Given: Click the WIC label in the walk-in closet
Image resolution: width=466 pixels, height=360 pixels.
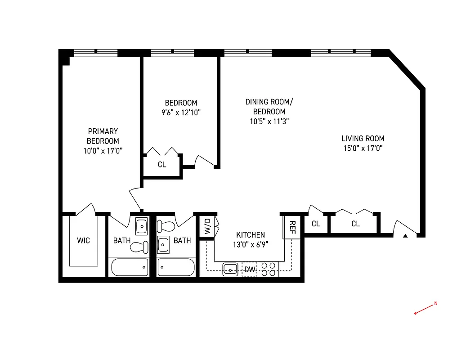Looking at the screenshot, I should pos(83,241).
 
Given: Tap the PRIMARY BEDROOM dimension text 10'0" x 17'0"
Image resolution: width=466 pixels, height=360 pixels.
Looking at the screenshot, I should pos(103,151).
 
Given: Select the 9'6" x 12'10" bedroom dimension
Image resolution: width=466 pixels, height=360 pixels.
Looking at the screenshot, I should pos(181,112).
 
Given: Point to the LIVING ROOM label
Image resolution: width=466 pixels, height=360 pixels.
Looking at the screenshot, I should pos(363,139).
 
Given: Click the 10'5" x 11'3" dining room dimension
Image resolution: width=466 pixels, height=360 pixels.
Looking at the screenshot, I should pos(269,121).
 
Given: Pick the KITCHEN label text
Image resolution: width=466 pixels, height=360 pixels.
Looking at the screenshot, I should pos(251,235).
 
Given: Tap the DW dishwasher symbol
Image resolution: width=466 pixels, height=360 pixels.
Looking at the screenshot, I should pos(250,270).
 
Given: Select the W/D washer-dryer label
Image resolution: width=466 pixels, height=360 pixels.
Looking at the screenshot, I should pos(207,226).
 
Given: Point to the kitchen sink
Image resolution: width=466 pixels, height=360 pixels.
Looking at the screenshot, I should pos(231,270).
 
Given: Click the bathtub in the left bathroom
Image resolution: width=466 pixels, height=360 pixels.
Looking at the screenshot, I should pos(130,267).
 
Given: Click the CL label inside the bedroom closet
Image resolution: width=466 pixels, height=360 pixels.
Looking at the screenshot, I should pos(162,165).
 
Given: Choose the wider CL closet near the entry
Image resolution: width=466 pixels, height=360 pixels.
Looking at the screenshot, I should pos(355,224).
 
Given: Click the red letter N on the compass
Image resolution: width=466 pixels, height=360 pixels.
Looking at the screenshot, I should pos(435,304).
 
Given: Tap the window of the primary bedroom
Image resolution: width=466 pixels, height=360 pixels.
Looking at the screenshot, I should pos(95,53).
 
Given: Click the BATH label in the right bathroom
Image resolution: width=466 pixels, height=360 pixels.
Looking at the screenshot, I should pos(182,241).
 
